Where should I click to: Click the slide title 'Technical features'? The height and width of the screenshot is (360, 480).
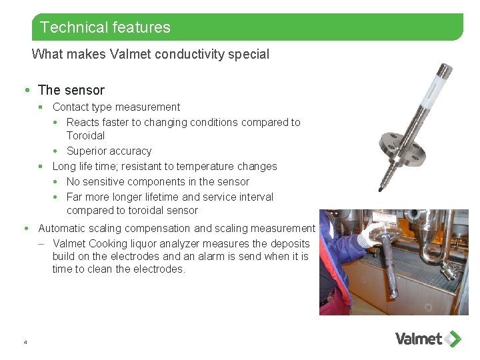pos(105,27)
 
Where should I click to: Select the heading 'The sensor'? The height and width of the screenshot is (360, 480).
pos(71,90)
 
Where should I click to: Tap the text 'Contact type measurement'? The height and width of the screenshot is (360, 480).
pos(116,107)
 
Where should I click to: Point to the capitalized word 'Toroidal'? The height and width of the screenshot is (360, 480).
pos(85,135)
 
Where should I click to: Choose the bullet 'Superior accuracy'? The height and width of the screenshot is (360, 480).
pos(109,151)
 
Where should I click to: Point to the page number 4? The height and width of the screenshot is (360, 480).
pos(25,342)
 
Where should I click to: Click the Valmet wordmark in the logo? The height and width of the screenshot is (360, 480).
pos(419,339)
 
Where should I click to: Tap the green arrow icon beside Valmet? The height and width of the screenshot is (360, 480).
pos(453,339)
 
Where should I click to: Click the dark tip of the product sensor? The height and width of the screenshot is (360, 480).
pos(381,189)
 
